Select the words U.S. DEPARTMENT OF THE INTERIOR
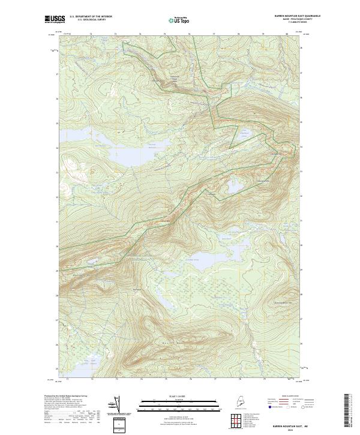[91, 17]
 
